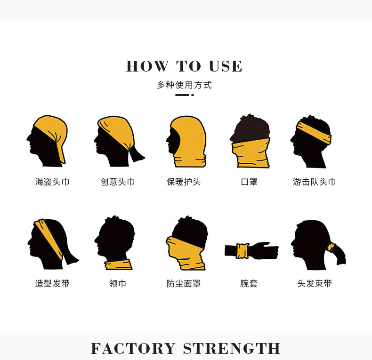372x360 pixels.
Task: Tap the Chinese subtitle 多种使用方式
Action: [184, 85]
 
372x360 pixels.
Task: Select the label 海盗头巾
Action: [52, 182]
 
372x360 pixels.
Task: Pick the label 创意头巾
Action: [118, 182]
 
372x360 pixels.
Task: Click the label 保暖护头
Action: [184, 182]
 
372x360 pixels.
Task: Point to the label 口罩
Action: [249, 182]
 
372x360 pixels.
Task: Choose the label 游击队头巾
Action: [314, 182]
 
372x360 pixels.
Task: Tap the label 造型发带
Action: [52, 284]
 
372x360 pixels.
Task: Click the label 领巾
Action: [118, 284]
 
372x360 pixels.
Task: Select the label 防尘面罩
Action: [184, 284]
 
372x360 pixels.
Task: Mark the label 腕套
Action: [249, 284]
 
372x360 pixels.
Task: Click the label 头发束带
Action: [314, 284]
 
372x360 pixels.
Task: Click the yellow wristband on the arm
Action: [243, 251]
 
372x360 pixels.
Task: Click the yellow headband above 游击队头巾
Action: [314, 129]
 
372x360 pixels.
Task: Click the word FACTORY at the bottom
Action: [133, 349]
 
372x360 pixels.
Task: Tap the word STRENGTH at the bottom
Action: [232, 349]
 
